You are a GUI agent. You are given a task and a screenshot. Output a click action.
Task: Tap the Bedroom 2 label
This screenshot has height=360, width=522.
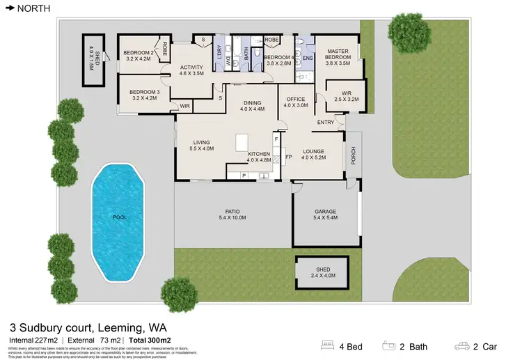(x=138, y=56)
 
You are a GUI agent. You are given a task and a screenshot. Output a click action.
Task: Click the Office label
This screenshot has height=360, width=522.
(x=296, y=102)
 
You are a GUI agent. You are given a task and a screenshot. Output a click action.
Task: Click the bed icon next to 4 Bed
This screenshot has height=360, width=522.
(x=328, y=345)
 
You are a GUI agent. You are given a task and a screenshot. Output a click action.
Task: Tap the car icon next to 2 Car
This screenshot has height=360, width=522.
(x=461, y=345)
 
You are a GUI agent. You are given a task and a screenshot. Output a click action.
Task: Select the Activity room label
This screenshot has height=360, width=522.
(x=191, y=70)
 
